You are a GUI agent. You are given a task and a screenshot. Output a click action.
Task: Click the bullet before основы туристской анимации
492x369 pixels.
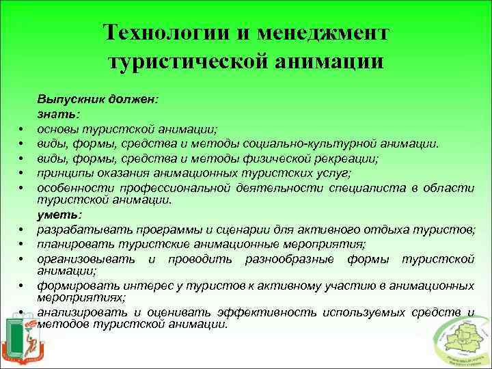(23, 129)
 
